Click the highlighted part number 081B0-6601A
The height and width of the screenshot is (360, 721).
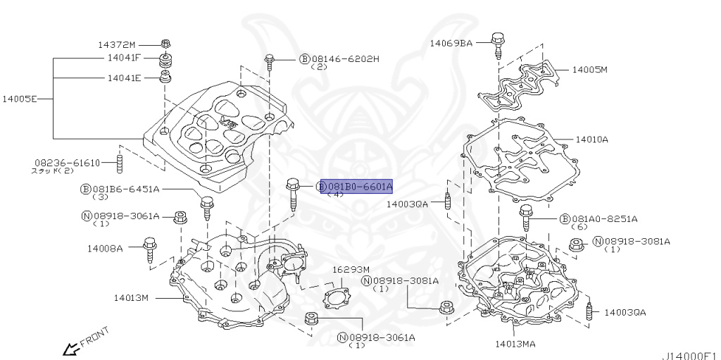coord(359,187)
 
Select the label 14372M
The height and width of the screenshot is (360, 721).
coord(117,44)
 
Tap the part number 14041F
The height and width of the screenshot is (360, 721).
coord(124,58)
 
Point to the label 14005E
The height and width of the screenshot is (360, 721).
coord(19,99)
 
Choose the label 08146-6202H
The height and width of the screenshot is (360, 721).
coord(345,58)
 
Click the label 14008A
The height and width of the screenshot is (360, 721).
coord(105,248)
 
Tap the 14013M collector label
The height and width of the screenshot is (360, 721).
coord(132,297)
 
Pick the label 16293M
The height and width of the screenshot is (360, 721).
coord(351,270)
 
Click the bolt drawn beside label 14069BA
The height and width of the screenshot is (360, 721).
coord(499,44)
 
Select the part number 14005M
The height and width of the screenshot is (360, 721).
coord(589,70)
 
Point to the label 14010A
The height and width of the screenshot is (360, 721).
coord(591,139)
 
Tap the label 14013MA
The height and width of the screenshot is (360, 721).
coord(515,344)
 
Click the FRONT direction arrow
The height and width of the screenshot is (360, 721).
coord(70,347)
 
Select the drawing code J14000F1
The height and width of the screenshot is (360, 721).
coord(689,356)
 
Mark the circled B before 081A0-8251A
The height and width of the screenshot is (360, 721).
coord(565,219)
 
